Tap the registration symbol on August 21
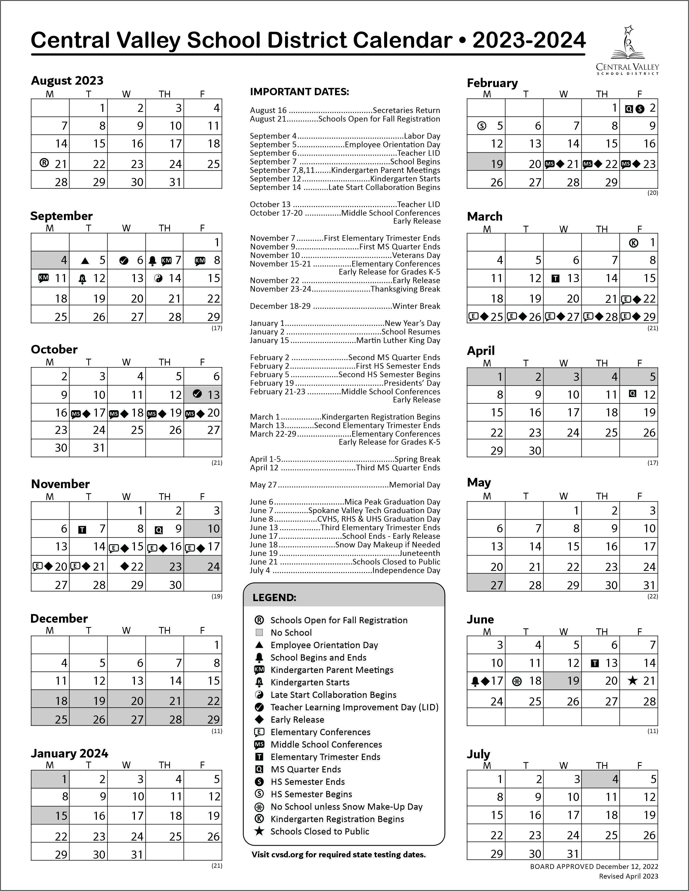pos(44,163)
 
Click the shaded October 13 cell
pos(203,395)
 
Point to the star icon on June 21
pos(633,680)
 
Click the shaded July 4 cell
pos(601,779)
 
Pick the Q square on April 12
pos(632,394)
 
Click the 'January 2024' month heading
pos(69,753)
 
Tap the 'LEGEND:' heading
pos(274,598)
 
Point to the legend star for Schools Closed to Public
pos(259,831)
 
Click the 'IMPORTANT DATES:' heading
pos(299,92)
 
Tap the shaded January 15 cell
pos(50,815)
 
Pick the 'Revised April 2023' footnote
pos(628,876)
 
